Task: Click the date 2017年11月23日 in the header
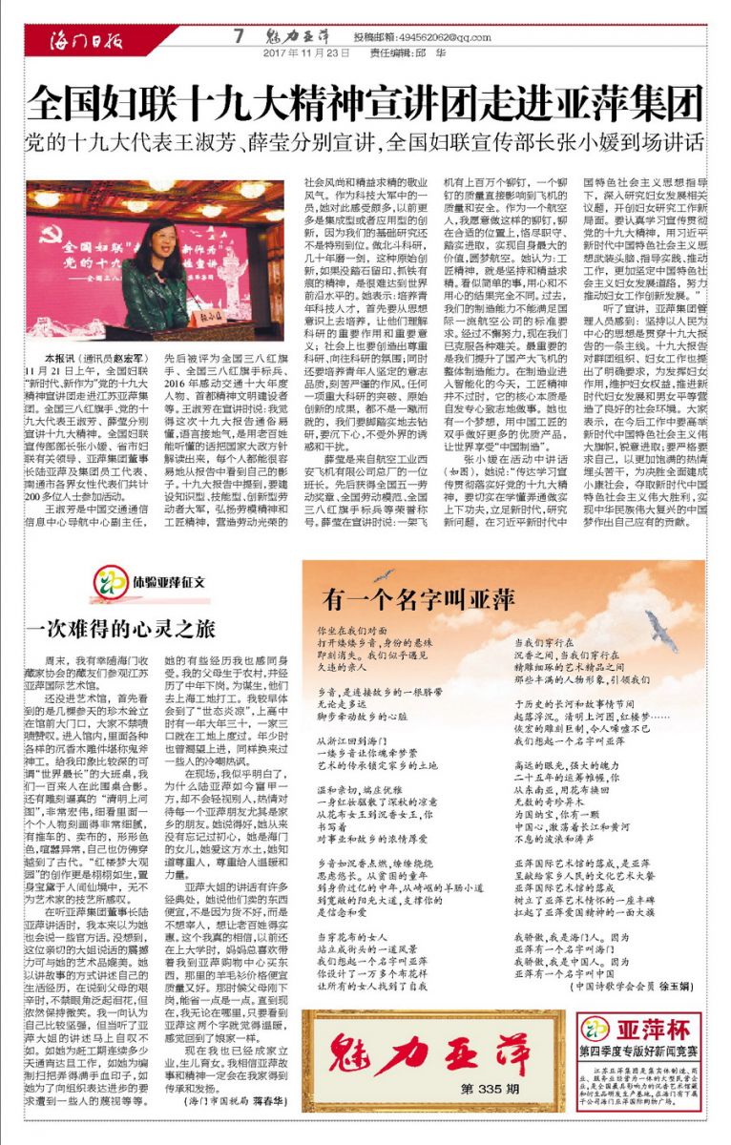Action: tap(293, 53)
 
